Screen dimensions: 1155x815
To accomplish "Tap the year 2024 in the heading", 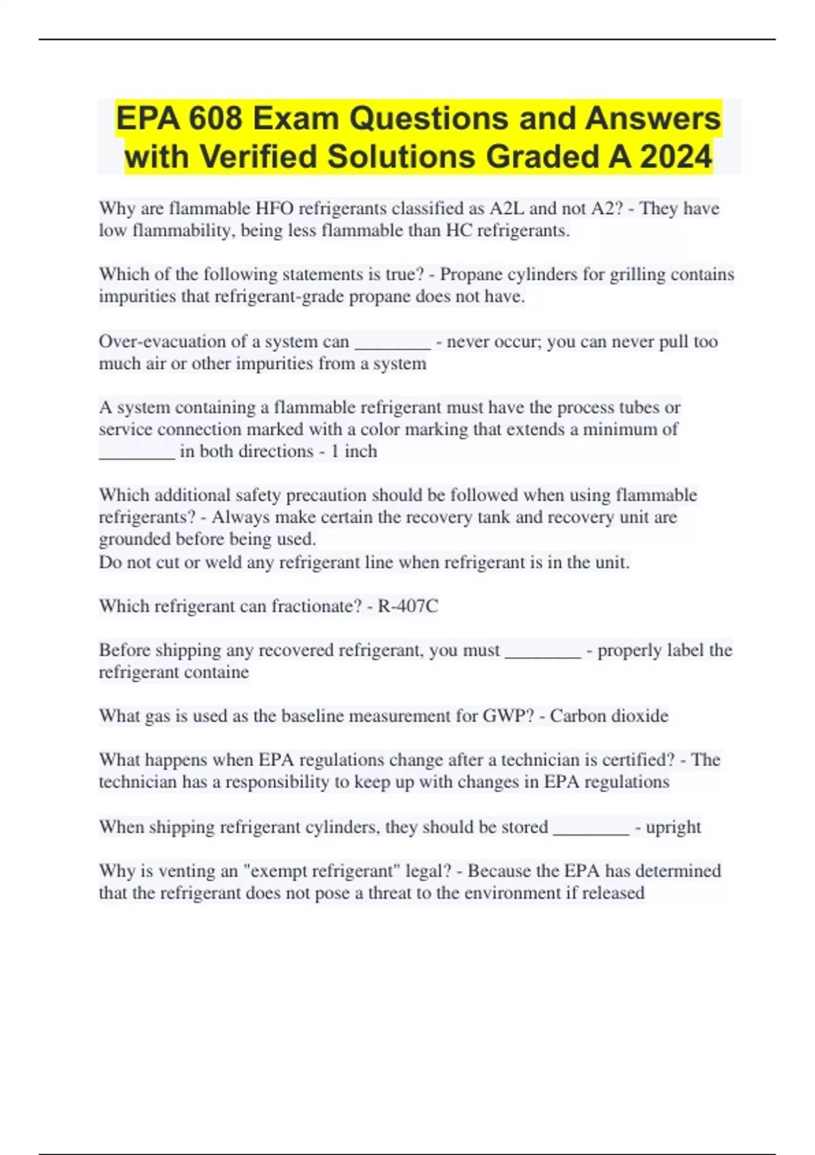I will pos(676,157).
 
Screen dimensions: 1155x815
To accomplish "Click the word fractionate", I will pos(316,606).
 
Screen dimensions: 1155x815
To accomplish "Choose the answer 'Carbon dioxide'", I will pos(609,716).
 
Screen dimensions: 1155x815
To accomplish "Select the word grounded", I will pos(134,539).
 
